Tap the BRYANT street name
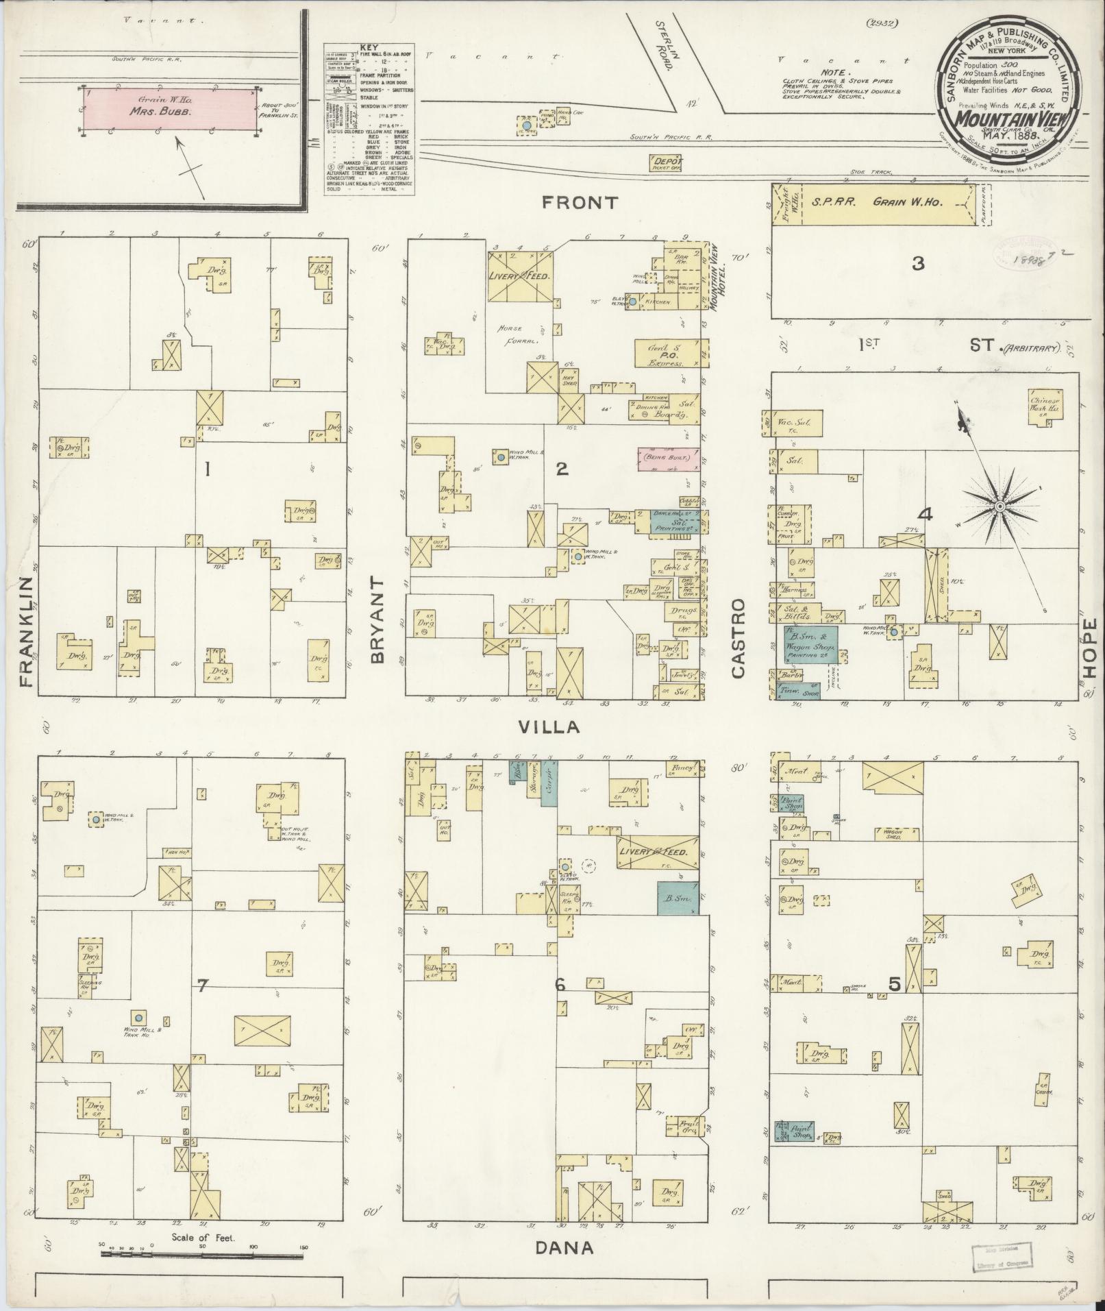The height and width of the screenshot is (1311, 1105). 379,618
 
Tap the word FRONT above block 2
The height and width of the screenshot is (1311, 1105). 580,203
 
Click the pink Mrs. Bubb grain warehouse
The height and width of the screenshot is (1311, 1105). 170,110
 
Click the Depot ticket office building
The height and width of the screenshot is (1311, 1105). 667,162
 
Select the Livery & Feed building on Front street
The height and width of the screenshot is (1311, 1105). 520,275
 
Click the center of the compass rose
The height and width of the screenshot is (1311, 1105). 1000,506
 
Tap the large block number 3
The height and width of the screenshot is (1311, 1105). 918,263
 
